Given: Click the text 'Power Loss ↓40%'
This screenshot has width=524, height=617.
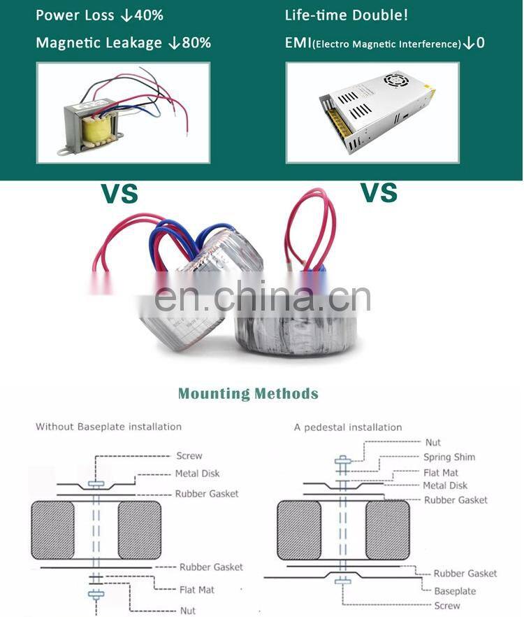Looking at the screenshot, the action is point(99,15).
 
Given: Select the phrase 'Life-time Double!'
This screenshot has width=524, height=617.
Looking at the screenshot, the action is point(347,15).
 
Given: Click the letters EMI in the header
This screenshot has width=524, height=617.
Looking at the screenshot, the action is point(298,43).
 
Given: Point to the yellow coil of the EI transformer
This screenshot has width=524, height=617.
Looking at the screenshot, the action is point(96,130).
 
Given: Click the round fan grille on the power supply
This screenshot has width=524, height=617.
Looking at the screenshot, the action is point(396,80).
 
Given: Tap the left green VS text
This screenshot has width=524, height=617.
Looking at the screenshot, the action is point(119,193).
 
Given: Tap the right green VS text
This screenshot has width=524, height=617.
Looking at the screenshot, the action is point(379,192).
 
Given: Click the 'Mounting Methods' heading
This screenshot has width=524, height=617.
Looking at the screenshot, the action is point(248,393).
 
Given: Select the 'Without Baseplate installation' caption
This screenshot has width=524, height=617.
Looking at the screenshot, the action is point(108,427).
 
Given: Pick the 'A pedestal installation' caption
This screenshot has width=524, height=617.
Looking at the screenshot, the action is point(348,427).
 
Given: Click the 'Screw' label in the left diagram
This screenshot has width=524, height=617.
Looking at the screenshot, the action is point(189,455).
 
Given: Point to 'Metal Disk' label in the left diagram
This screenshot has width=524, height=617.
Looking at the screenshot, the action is point(197,474).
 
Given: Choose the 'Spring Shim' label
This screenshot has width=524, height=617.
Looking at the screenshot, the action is point(449,457).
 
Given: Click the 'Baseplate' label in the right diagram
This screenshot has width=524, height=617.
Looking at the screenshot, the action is point(455,591).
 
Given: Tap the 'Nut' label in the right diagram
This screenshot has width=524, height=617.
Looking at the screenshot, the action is point(432,442).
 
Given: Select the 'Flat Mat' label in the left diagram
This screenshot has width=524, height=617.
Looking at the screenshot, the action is point(197,590).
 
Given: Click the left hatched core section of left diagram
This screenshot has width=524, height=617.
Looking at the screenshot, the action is point(52,530).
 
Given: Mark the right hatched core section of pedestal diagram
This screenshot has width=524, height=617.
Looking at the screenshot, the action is point(388,530).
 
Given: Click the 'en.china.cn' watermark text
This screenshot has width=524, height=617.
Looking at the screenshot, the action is point(262,298).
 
